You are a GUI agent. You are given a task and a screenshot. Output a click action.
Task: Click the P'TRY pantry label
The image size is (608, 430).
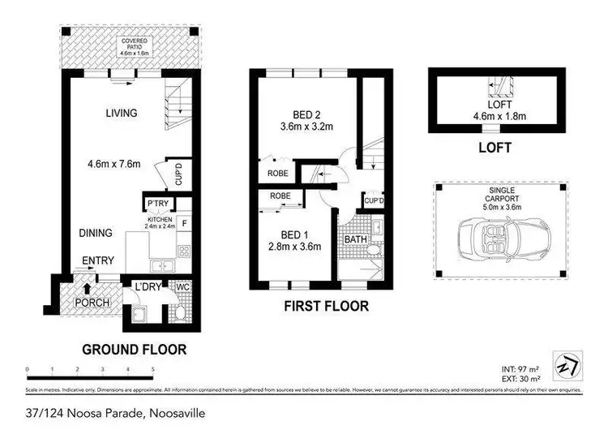pos(156,204)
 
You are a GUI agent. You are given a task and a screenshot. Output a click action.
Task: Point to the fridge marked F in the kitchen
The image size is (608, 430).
pos(183,221)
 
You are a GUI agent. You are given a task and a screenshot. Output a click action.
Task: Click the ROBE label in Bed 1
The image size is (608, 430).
pos(280,196)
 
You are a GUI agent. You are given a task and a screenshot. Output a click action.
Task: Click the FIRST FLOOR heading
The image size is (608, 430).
pos(327,307)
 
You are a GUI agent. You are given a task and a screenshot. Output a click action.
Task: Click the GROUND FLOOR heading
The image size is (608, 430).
pos(134,350)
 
